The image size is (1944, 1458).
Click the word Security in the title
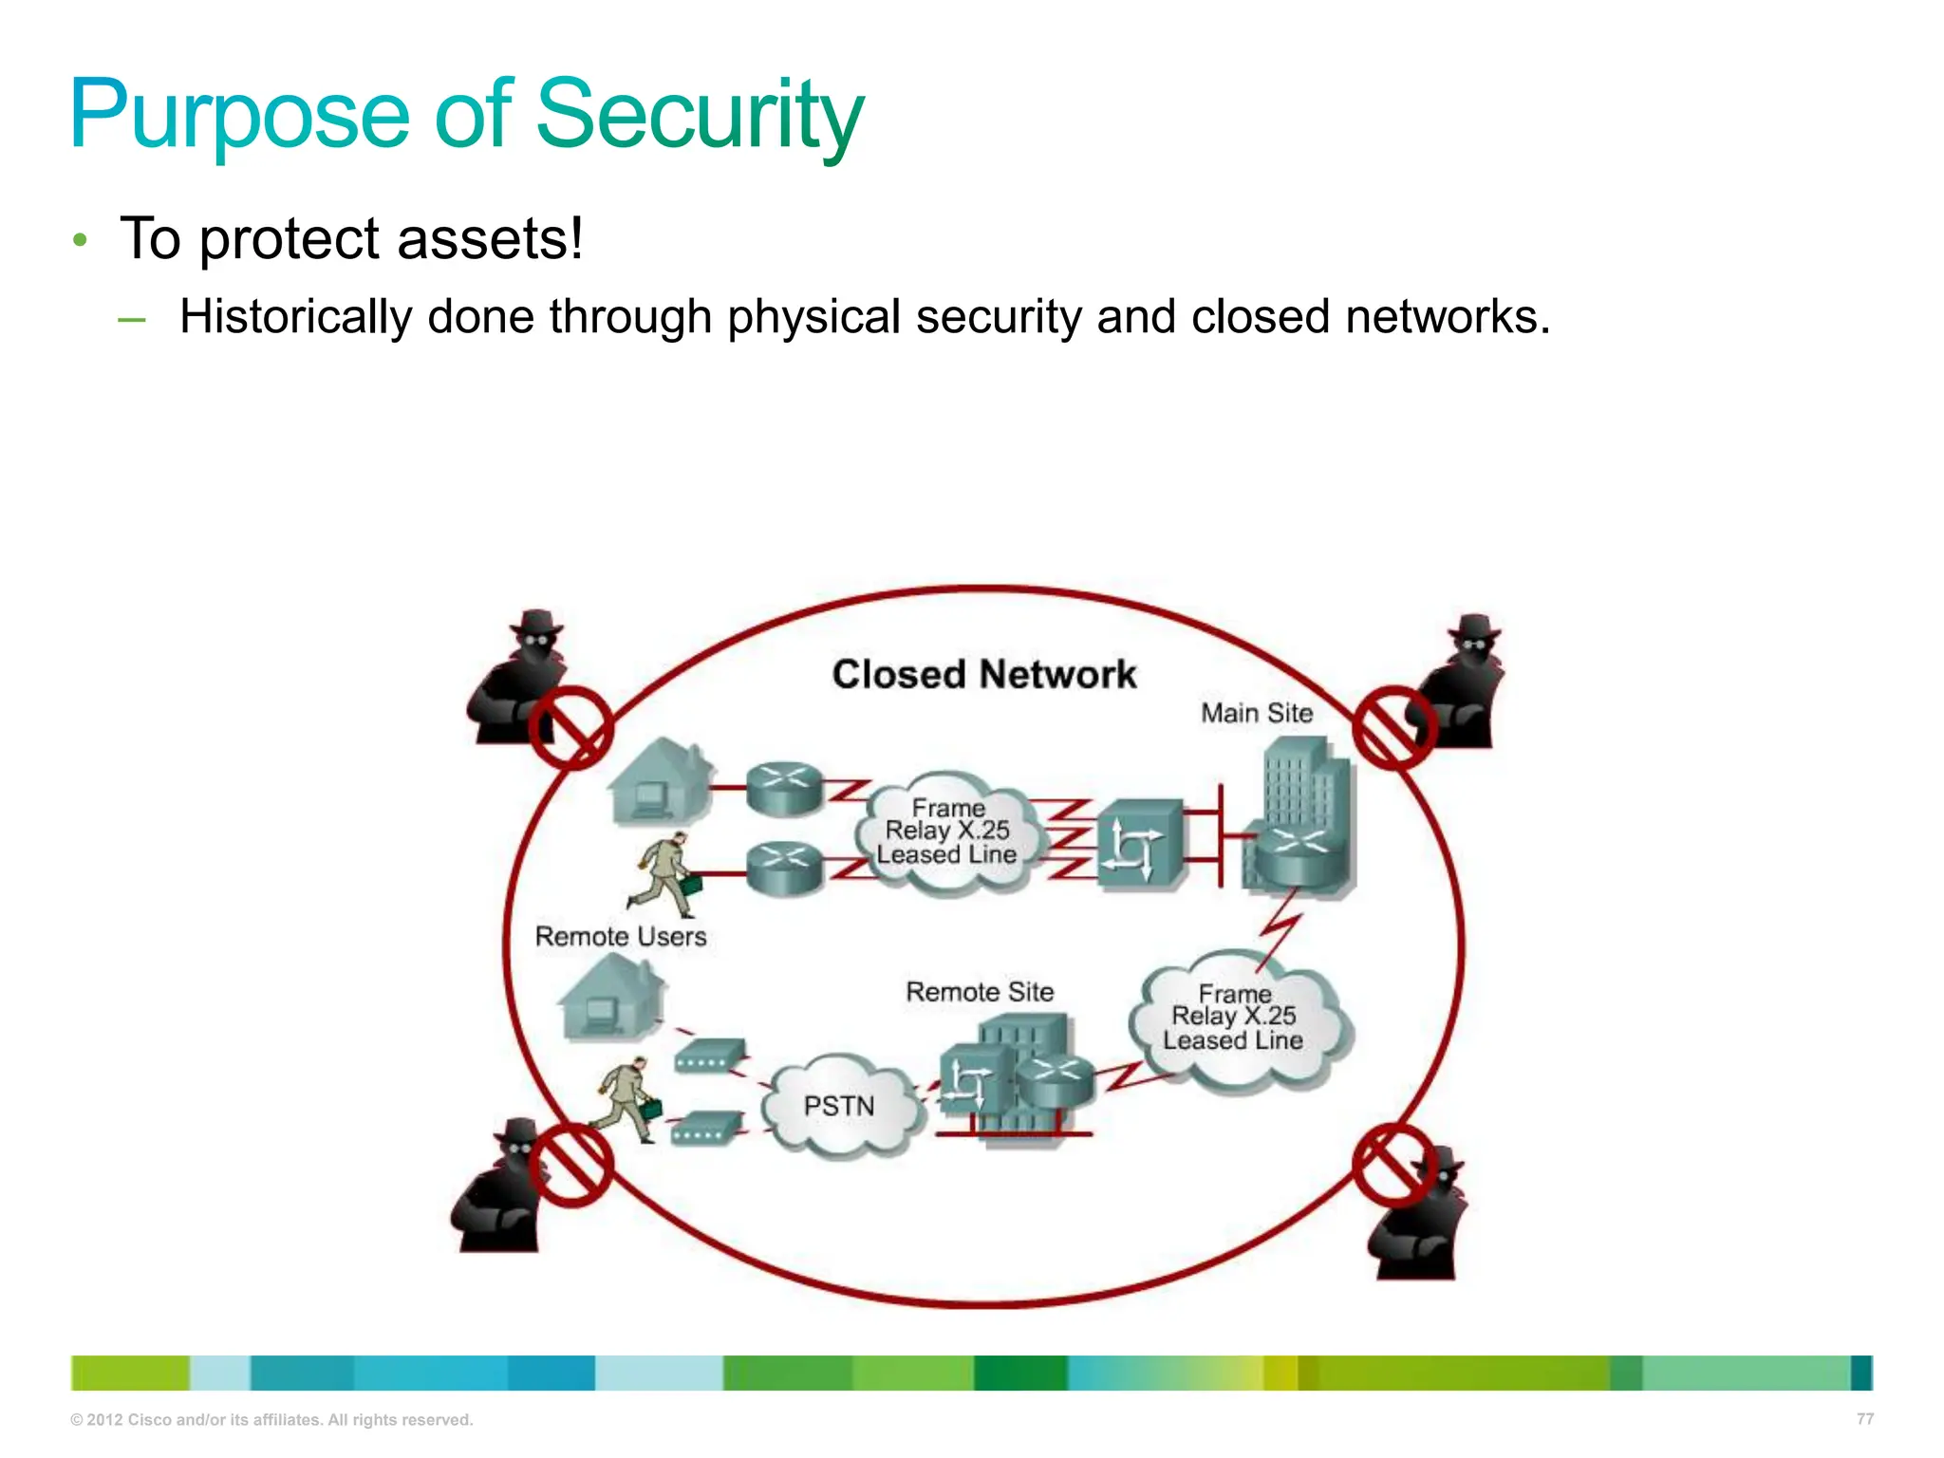pos(700,116)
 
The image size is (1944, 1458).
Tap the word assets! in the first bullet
pos(490,239)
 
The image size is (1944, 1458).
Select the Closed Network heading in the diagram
pos(983,675)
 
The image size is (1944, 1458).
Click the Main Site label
pos(1256,713)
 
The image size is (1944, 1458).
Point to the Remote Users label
pos(621,937)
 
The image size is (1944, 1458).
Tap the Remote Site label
pos(980,992)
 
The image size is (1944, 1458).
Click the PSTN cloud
pos(840,1106)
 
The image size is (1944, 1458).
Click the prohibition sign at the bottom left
pos(570,1165)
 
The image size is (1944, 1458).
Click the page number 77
pos(1864,1419)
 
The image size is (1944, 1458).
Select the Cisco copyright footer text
pos(271,1420)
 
